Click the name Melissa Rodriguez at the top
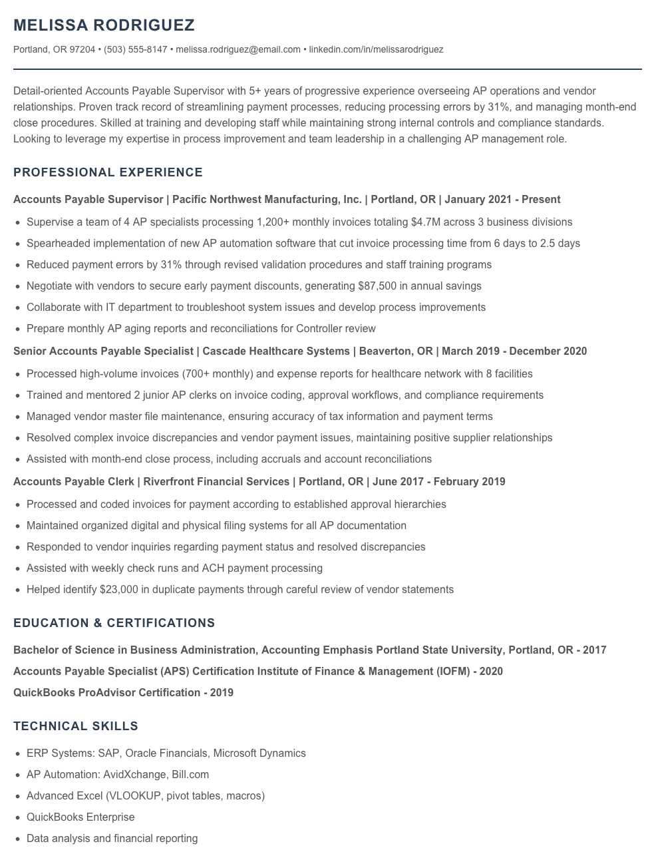(x=104, y=25)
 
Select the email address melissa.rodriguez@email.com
(x=238, y=49)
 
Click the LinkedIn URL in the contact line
(x=376, y=49)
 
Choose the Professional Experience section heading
(x=108, y=172)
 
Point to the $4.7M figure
(x=426, y=222)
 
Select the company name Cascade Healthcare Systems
(x=276, y=351)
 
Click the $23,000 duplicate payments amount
(x=119, y=589)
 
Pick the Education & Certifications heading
(x=114, y=623)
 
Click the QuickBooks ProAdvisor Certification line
(x=123, y=692)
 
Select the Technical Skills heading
(x=76, y=726)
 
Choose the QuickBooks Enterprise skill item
(x=81, y=817)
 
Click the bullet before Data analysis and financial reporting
(x=17, y=839)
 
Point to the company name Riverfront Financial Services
(x=217, y=481)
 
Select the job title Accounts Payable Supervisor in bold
(x=88, y=199)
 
